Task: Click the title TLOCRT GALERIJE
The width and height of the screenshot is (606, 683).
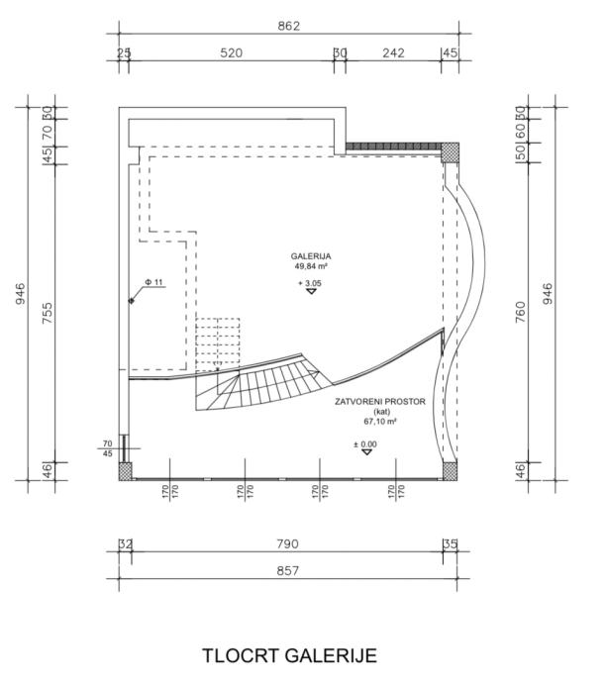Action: (290, 656)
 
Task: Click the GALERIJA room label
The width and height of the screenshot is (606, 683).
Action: (311, 256)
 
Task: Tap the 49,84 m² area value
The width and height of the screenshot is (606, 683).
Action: (311, 266)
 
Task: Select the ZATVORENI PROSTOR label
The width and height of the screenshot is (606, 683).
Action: (380, 402)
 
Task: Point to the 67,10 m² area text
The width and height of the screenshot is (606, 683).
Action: (380, 422)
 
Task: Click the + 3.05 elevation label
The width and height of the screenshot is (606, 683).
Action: (310, 283)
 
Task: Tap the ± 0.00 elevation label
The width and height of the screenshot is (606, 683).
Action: (365, 444)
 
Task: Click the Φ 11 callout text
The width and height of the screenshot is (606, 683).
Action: (153, 282)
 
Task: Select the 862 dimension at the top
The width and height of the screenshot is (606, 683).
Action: (289, 26)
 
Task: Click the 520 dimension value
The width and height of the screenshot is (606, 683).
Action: (231, 53)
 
